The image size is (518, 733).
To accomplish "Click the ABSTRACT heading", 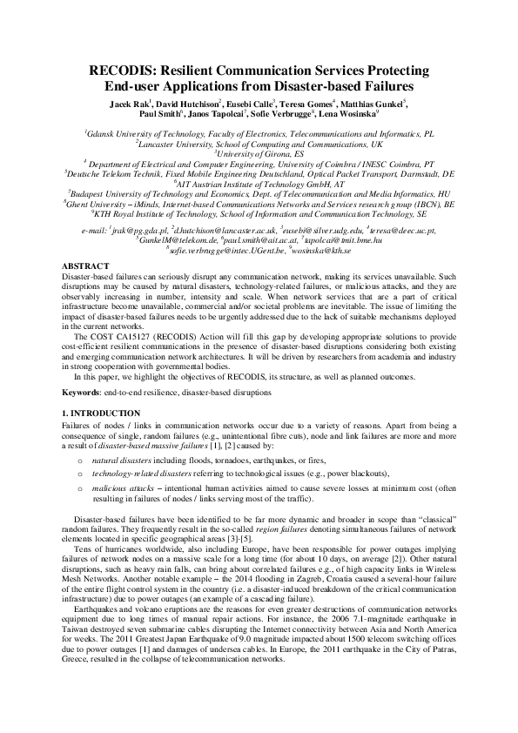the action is pos(85,265).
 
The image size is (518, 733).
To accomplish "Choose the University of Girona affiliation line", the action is pos(259,152).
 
